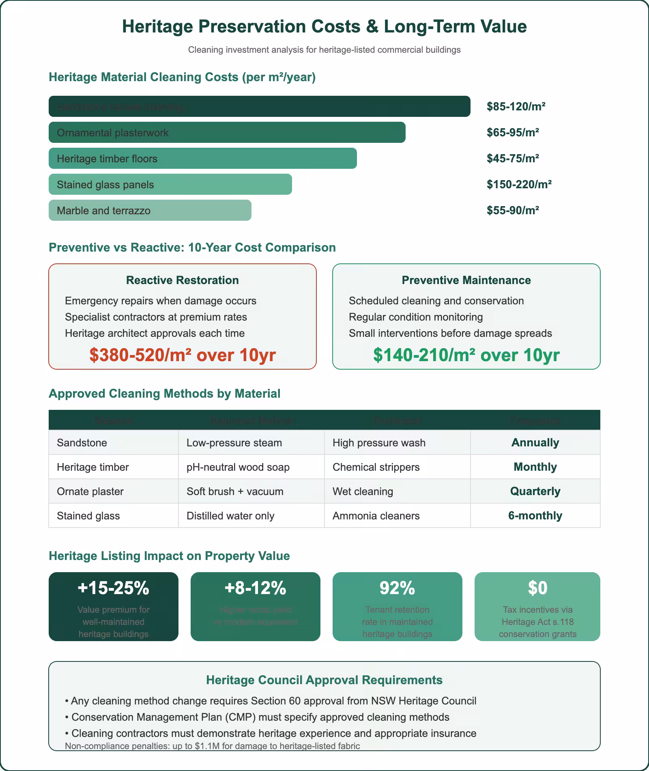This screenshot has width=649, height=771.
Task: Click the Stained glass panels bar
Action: (x=170, y=185)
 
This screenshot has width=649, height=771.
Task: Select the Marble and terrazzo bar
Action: (x=150, y=211)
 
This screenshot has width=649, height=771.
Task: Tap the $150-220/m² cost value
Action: (x=519, y=185)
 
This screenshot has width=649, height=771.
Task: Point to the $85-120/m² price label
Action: (x=516, y=107)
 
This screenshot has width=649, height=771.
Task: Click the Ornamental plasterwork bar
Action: (x=227, y=133)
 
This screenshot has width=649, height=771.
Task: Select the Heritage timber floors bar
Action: (x=202, y=159)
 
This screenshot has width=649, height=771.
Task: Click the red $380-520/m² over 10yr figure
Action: (x=183, y=355)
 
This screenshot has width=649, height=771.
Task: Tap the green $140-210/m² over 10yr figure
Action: (x=466, y=355)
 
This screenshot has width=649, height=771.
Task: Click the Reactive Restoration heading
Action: (x=183, y=280)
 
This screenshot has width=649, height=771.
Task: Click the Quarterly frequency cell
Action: (x=535, y=491)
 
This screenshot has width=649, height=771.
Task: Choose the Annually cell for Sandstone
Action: (x=535, y=443)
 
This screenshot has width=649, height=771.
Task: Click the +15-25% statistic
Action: (x=114, y=588)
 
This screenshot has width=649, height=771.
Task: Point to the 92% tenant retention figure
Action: (x=397, y=588)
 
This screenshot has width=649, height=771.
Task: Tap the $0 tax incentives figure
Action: (x=537, y=588)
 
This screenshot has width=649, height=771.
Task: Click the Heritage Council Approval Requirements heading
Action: (x=324, y=680)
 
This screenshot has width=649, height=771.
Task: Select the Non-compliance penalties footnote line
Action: (x=212, y=746)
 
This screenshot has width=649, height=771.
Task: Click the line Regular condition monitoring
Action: (x=415, y=317)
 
